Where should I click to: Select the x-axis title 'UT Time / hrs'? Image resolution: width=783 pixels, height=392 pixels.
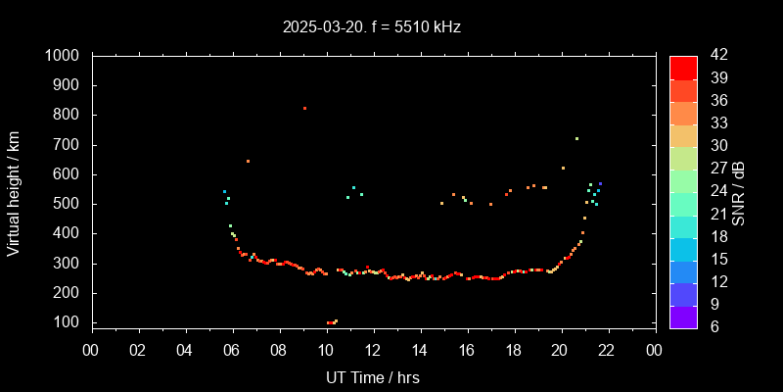coord(373,377)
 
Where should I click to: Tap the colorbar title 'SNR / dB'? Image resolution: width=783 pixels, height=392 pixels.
coord(738,190)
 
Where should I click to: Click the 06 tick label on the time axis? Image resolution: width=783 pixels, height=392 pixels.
coord(233,350)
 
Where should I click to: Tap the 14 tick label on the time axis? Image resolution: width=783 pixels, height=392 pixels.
coord(420,350)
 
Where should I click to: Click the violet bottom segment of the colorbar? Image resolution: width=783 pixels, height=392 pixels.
coord(683,317)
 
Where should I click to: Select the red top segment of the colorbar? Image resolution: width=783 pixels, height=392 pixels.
coord(683,67)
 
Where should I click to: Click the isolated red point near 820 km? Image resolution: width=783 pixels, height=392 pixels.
coord(304,108)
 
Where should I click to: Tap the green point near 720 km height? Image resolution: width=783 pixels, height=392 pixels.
coord(576,138)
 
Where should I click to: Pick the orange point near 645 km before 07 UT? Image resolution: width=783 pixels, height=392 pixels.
coord(248,161)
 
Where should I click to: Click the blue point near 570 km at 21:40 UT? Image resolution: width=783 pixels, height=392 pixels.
coord(600,183)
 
